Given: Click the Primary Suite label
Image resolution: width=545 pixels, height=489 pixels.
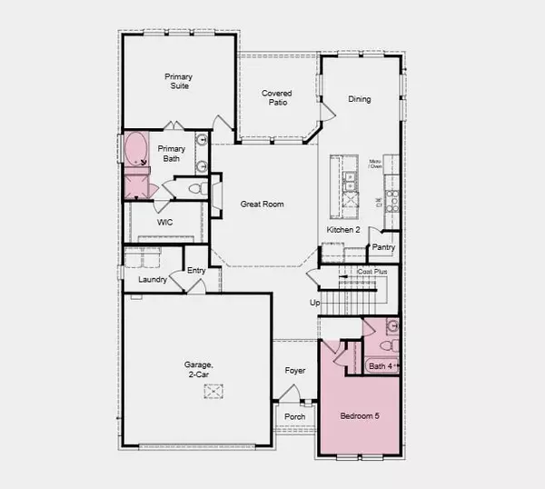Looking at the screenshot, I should (x=179, y=82).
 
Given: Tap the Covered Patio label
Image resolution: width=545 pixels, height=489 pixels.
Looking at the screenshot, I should (x=276, y=98).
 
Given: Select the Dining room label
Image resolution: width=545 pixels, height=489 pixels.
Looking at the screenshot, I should (x=360, y=99).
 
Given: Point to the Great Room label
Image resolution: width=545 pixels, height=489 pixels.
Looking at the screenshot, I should (x=263, y=205).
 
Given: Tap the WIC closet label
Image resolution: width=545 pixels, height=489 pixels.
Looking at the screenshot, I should (x=165, y=222).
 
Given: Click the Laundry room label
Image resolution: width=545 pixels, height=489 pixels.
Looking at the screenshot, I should (x=153, y=279).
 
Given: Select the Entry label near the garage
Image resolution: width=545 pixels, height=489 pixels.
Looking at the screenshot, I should (x=196, y=271).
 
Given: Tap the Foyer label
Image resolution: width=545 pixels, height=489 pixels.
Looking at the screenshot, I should (x=294, y=371).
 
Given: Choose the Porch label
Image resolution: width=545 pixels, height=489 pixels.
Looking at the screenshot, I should (x=294, y=417).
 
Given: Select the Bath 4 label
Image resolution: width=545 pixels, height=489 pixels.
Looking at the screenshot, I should (x=381, y=366).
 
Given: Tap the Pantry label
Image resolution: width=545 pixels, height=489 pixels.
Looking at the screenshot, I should (x=383, y=246).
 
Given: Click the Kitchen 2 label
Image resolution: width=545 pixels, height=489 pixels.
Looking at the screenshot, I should (x=344, y=230).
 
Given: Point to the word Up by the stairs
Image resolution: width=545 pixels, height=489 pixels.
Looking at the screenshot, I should (x=315, y=303).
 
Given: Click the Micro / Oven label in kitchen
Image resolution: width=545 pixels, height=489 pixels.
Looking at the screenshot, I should (x=375, y=165).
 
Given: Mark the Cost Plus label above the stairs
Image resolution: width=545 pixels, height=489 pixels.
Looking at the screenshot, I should (x=372, y=272).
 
